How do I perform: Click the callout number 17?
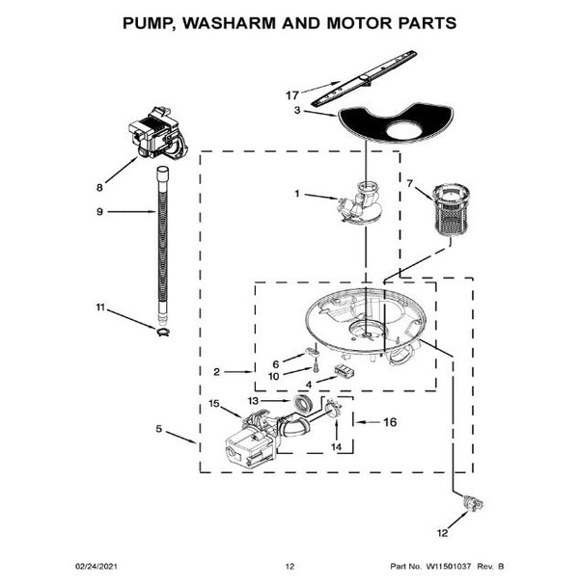click(x=292, y=95)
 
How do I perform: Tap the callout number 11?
click(x=98, y=307)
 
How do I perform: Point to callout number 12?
click(x=443, y=532)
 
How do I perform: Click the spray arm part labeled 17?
click(x=358, y=84)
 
